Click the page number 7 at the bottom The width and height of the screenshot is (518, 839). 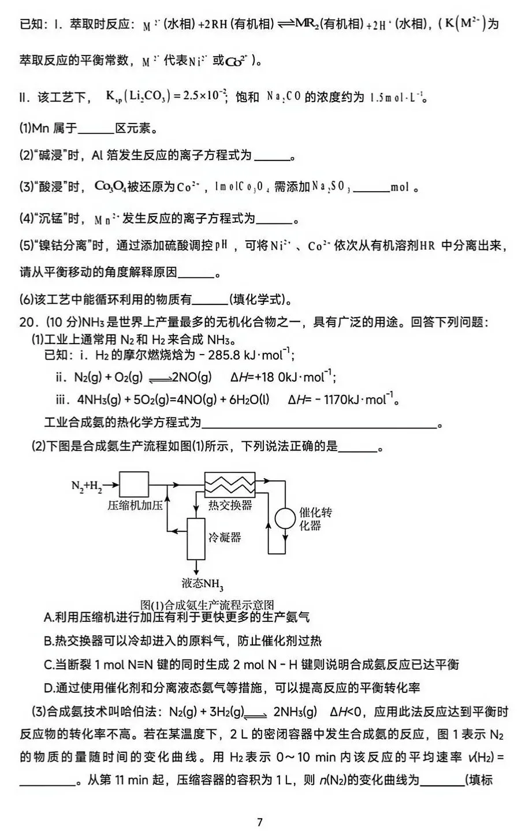tap(260, 822)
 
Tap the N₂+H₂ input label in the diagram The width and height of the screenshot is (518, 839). tap(87, 486)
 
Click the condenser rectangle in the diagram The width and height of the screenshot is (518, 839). tap(196, 538)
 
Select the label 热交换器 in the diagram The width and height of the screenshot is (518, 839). tap(230, 505)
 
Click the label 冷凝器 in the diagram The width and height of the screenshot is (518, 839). tap(224, 537)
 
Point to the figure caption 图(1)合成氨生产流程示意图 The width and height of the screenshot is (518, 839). tap(207, 605)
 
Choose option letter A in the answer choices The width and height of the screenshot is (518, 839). tap(49, 617)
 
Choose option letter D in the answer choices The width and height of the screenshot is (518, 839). tap(49, 688)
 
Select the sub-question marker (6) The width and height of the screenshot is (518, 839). tap(27, 299)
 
